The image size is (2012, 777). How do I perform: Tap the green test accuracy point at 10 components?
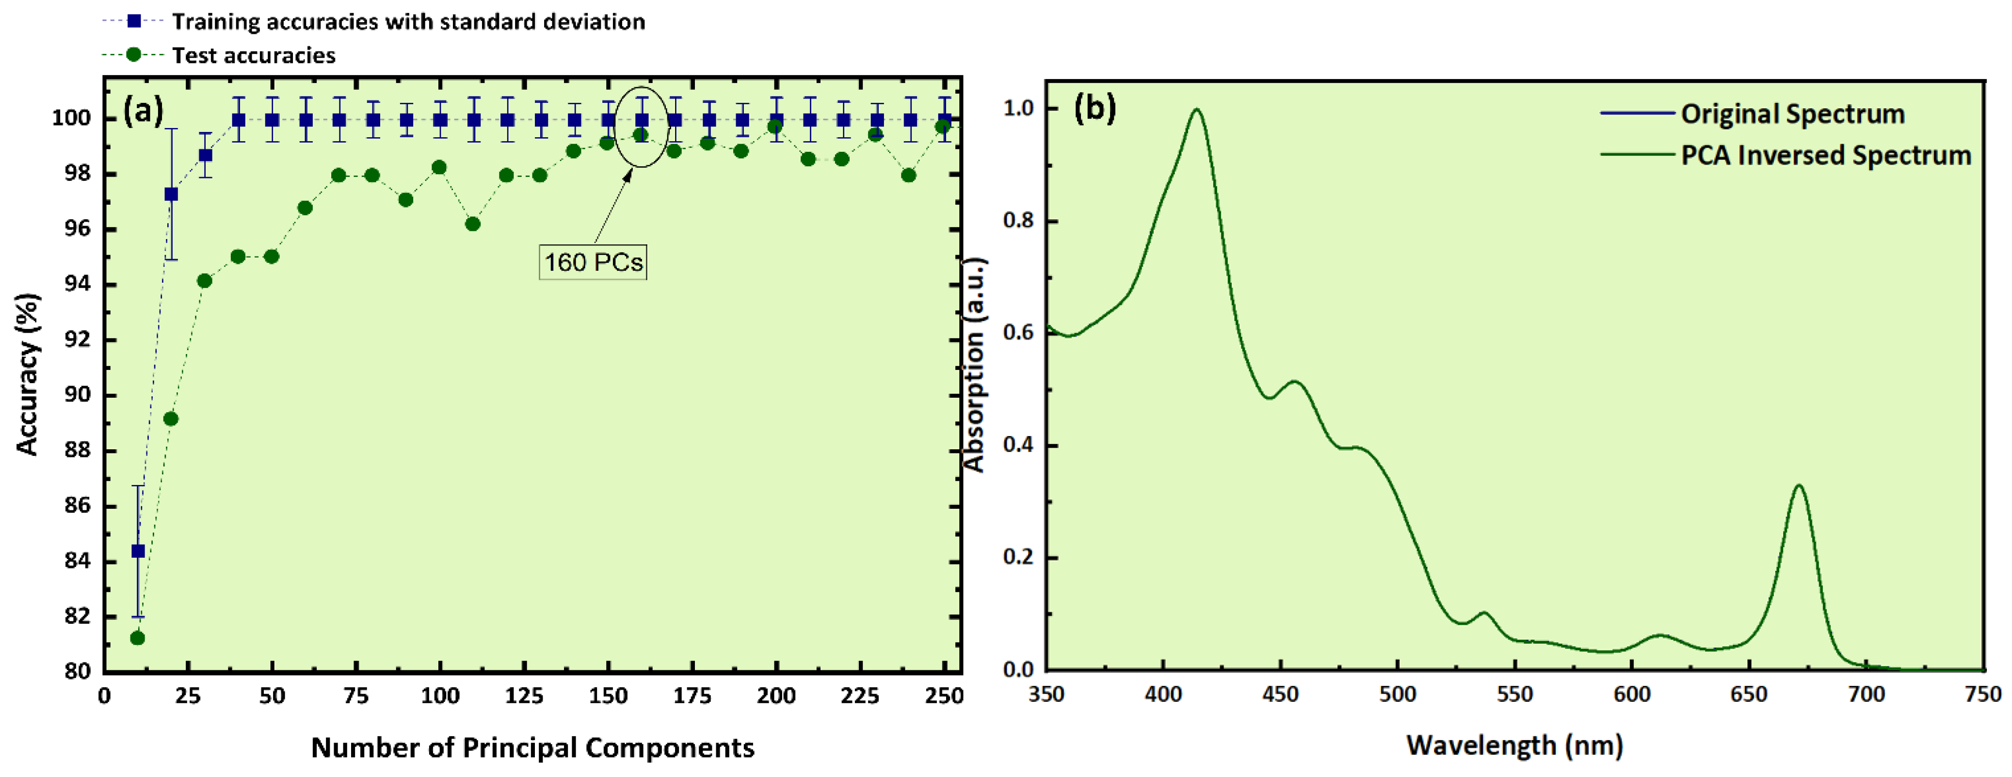pos(137,638)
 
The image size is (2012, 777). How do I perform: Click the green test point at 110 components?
pos(472,224)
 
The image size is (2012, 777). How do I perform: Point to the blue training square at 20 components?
pos(171,194)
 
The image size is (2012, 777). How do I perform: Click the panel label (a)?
pos(143,110)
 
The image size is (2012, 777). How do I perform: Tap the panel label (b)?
pos(1095,107)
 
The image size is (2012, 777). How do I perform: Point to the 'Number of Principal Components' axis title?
pos(532,747)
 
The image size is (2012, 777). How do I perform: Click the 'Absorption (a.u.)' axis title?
pos(974,365)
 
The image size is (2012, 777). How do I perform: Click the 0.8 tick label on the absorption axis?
pos(1019,220)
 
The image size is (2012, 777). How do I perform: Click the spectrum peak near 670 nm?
pos(1800,486)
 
